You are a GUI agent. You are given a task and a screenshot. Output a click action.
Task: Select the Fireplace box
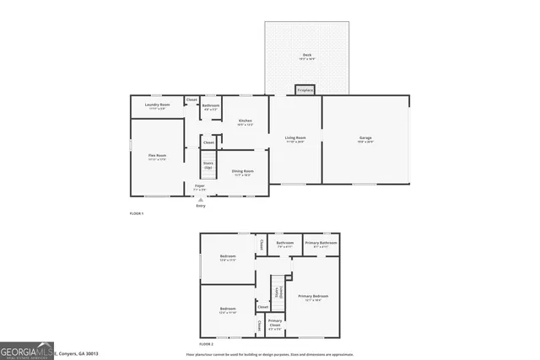coord(305,89)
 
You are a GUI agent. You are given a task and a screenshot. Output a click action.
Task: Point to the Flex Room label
coord(157,156)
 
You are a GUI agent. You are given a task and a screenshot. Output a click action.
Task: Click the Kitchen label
coord(245,122)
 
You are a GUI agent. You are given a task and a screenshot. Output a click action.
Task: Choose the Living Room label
coord(294,139)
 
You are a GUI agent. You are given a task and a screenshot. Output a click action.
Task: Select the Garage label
coord(365,139)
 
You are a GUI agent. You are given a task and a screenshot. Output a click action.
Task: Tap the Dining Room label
coord(244,174)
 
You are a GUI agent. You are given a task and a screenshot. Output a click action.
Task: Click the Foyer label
coord(200,187)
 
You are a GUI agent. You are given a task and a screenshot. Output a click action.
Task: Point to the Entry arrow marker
coord(200,200)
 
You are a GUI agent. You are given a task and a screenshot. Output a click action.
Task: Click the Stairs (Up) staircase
coord(208,164)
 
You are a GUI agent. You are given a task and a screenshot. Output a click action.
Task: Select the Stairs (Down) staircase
coord(277,293)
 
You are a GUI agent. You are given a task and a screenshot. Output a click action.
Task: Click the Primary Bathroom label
coord(321,244)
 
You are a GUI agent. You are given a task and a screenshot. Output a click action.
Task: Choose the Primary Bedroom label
coord(313,297)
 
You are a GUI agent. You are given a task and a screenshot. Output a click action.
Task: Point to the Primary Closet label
coord(275,323)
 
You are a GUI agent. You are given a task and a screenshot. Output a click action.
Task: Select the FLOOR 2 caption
coord(207,345)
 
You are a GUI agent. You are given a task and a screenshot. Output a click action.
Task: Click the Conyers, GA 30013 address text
coord(78,352)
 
